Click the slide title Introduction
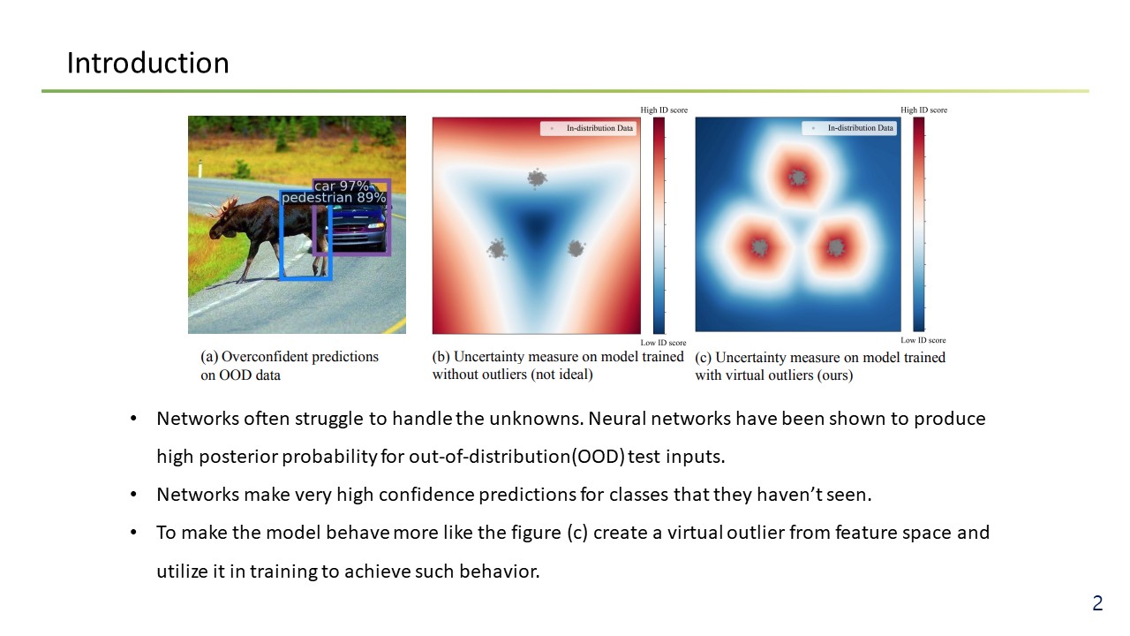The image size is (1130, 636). point(147,63)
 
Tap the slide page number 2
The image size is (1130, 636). point(1097,603)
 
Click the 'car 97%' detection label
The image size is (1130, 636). point(342,186)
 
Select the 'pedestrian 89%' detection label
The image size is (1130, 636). point(334,197)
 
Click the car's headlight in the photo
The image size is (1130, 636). point(376,226)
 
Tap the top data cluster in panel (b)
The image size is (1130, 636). point(538,178)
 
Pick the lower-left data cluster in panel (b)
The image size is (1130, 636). point(497,249)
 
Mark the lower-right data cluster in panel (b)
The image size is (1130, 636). point(576,248)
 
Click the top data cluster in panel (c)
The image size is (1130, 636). point(798,178)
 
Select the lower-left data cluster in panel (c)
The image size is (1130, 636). point(759,247)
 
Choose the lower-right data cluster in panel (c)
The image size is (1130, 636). point(836,247)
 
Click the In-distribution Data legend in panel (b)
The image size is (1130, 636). point(588,128)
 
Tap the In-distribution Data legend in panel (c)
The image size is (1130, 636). point(849,128)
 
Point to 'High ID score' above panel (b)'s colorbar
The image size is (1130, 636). point(664,110)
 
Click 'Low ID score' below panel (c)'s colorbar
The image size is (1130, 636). point(923,340)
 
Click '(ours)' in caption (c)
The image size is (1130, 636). point(835,375)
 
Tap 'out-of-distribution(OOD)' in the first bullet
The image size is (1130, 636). point(516,457)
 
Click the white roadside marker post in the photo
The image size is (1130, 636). point(200,169)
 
